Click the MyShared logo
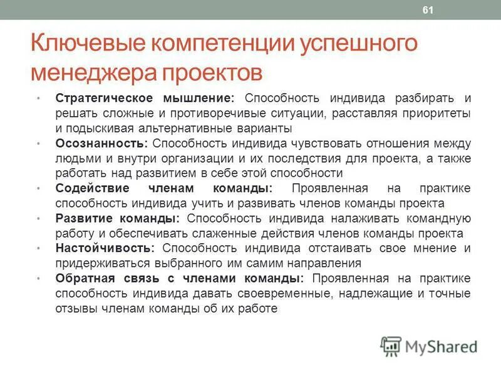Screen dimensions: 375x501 click(x=429, y=346)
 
